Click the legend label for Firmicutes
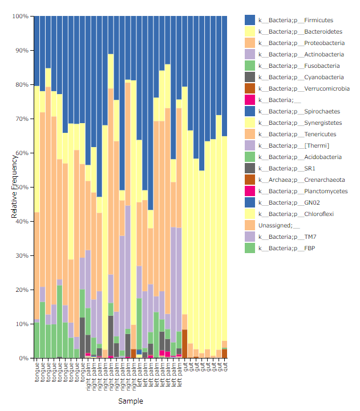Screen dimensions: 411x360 coord(296,21)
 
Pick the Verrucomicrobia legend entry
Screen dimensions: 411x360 coord(304,89)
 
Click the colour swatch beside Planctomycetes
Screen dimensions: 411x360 coord(250,192)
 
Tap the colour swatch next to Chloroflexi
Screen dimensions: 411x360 coord(250,214)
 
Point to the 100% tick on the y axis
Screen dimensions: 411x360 coord(21,17)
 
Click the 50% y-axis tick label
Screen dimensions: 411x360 coord(22,188)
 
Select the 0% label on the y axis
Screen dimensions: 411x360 coord(24,359)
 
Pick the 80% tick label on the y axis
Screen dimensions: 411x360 coord(22,85)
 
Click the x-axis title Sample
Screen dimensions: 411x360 coord(131,401)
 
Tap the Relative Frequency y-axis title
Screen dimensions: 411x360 coord(14,188)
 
